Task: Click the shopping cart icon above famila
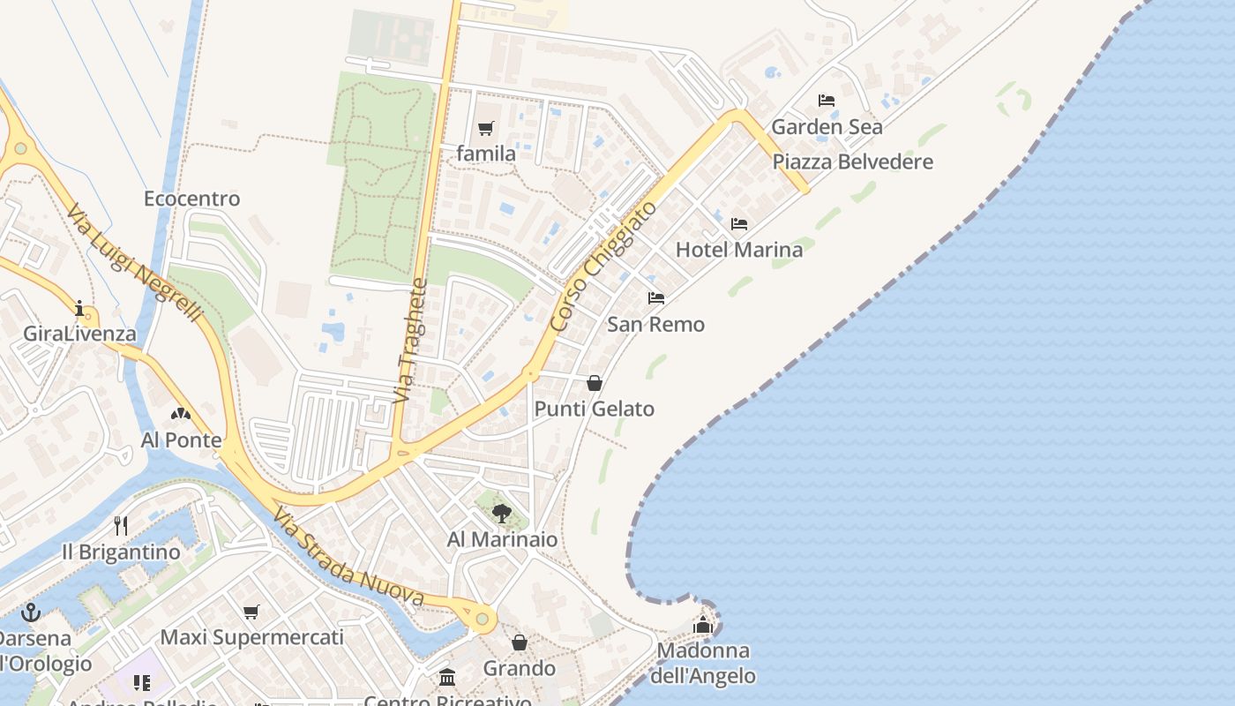pos(486,129)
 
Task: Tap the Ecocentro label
pos(191,199)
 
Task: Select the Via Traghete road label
pos(410,342)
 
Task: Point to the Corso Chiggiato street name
pos(603,267)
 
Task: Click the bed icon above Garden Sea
pos(827,101)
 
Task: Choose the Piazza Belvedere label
pos(852,162)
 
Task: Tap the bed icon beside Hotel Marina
pos(739,224)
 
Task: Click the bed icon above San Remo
pos(656,298)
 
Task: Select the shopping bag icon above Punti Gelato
pos(595,383)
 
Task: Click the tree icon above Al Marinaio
pos(502,513)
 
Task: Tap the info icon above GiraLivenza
pos(79,308)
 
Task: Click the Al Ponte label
pos(182,439)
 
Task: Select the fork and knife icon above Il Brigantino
pos(121,526)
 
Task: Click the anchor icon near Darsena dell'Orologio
pos(31,612)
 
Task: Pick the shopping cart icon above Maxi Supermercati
pos(251,612)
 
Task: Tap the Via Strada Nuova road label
pos(348,558)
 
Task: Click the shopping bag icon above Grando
pos(520,642)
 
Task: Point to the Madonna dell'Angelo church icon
pos(703,625)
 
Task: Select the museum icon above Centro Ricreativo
pos(447,678)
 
